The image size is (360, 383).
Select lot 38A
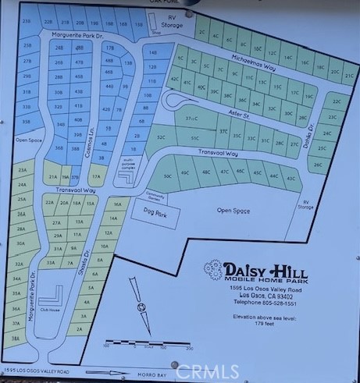tap(16, 339)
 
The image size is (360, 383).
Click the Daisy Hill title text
tap(265, 269)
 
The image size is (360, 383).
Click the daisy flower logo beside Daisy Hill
tap(213, 270)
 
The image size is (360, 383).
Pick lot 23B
tap(27, 23)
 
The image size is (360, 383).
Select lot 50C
tap(166, 176)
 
